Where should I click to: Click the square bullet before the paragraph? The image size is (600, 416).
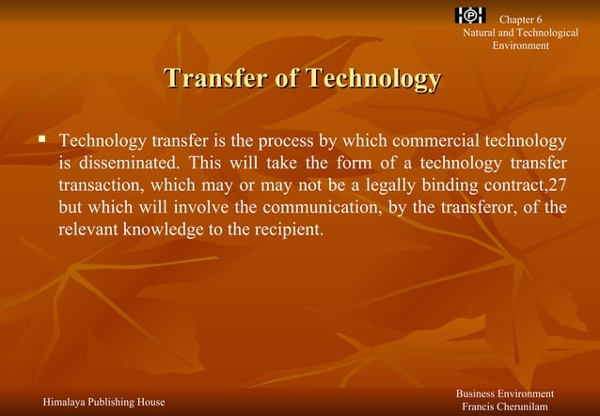pyautogui.click(x=41, y=140)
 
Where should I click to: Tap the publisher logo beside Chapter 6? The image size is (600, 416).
pyautogui.click(x=469, y=15)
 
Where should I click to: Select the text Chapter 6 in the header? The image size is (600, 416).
pyautogui.click(x=520, y=20)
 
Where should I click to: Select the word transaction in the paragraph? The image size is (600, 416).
pyautogui.click(x=103, y=184)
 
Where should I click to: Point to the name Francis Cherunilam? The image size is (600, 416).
pyautogui.click(x=504, y=407)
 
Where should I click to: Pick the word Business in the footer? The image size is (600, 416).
pyautogui.click(x=478, y=392)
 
